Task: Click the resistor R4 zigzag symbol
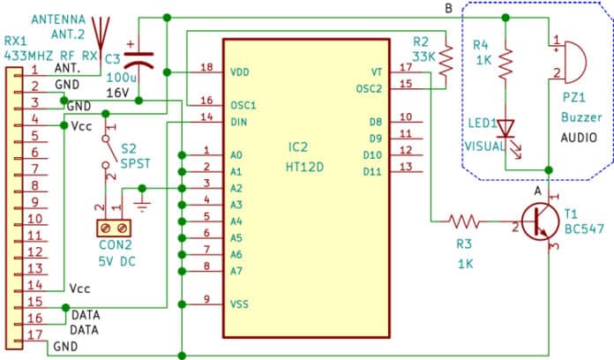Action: [505, 63]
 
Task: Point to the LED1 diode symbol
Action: [505, 129]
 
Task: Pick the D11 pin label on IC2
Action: [372, 167]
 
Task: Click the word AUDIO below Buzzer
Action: [579, 138]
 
